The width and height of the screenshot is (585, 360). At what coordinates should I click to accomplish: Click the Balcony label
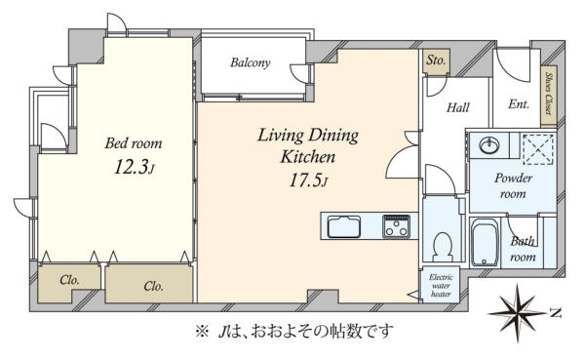tap(250, 62)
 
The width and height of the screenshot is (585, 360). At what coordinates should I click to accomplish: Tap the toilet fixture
tap(444, 247)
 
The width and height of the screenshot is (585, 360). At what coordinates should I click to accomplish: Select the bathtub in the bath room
tap(485, 242)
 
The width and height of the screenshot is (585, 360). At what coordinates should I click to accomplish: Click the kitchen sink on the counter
tap(344, 226)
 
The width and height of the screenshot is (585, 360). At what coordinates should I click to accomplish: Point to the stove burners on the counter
tap(396, 226)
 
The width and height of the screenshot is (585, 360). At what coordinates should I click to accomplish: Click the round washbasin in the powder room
tap(489, 145)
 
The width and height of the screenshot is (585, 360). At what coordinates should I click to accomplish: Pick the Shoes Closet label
tap(548, 94)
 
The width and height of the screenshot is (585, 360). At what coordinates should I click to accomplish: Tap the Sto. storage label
tap(436, 60)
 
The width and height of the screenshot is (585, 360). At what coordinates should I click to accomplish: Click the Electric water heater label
tap(441, 285)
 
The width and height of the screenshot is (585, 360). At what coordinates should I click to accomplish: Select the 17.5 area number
tap(305, 181)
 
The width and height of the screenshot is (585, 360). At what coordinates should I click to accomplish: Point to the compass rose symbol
tap(518, 313)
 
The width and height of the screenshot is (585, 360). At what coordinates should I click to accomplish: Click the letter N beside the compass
tap(556, 313)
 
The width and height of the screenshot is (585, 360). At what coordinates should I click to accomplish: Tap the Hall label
tap(458, 108)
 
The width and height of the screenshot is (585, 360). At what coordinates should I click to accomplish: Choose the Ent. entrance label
tap(519, 103)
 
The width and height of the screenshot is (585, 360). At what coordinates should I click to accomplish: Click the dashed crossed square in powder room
tap(538, 149)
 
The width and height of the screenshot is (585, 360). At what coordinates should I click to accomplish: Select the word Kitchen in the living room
tap(308, 156)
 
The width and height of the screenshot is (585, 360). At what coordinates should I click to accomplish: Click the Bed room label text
tap(134, 143)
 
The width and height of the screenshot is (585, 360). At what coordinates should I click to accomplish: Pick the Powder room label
tap(513, 185)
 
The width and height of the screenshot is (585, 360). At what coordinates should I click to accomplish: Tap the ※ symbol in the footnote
tap(202, 331)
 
